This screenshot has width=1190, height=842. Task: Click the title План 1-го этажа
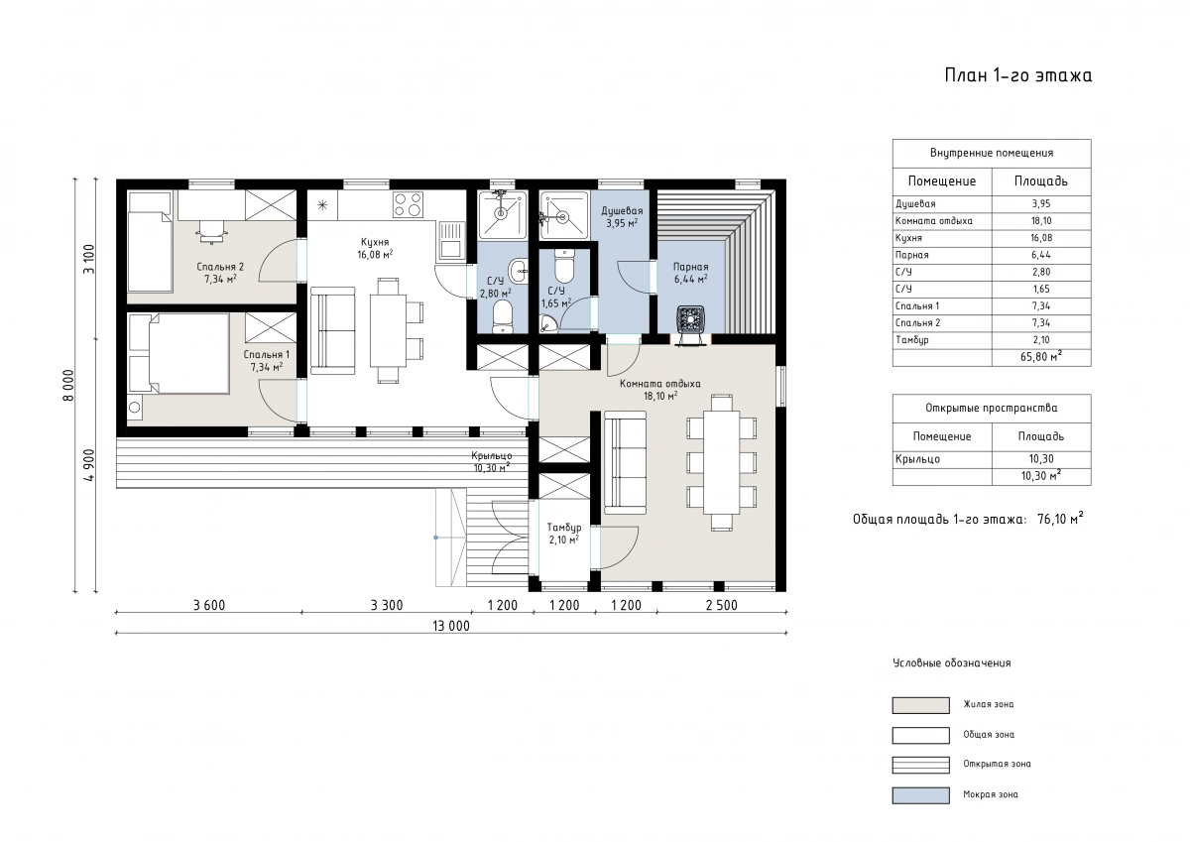(1017, 76)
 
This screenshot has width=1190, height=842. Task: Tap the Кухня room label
(375, 242)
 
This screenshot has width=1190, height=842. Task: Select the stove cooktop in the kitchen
(408, 205)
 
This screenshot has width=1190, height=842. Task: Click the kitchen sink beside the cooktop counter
(450, 242)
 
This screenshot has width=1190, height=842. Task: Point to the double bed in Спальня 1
(179, 353)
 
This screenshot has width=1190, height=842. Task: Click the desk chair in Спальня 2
(212, 232)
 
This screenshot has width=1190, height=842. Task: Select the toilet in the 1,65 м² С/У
(564, 267)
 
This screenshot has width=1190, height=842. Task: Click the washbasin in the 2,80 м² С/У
(518, 271)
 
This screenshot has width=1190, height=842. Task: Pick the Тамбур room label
(564, 528)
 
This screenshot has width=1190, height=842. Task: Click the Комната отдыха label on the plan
(659, 384)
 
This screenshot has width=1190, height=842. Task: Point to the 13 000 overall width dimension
(451, 626)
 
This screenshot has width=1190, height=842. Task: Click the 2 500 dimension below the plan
(722, 605)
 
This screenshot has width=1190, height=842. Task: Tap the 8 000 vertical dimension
(69, 385)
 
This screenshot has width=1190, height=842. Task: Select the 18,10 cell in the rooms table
(1041, 221)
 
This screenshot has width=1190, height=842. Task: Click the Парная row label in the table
(912, 255)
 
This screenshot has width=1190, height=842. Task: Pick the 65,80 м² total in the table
(1041, 356)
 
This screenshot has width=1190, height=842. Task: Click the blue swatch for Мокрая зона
(920, 795)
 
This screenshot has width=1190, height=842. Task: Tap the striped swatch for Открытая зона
(920, 765)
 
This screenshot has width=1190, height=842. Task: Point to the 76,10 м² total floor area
(1060, 519)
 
